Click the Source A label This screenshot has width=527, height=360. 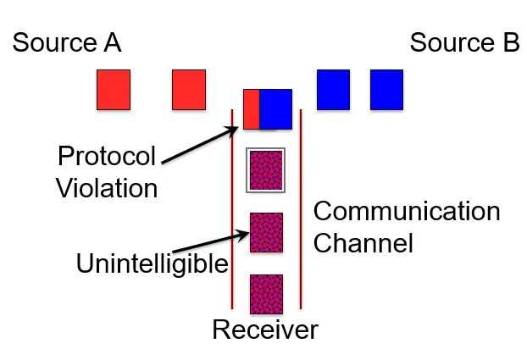(x=67, y=43)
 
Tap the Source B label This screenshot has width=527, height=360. (x=464, y=43)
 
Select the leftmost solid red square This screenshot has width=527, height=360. (x=113, y=90)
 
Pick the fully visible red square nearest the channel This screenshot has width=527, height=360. (x=189, y=90)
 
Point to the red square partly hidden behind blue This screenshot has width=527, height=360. (x=251, y=108)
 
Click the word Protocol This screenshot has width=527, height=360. (x=108, y=158)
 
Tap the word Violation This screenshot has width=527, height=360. (x=107, y=187)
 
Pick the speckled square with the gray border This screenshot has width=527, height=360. (x=266, y=169)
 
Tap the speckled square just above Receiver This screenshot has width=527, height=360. (x=266, y=294)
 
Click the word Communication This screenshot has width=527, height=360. (x=407, y=212)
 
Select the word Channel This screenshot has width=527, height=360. (x=363, y=243)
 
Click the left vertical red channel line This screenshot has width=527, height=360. (x=232, y=212)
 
